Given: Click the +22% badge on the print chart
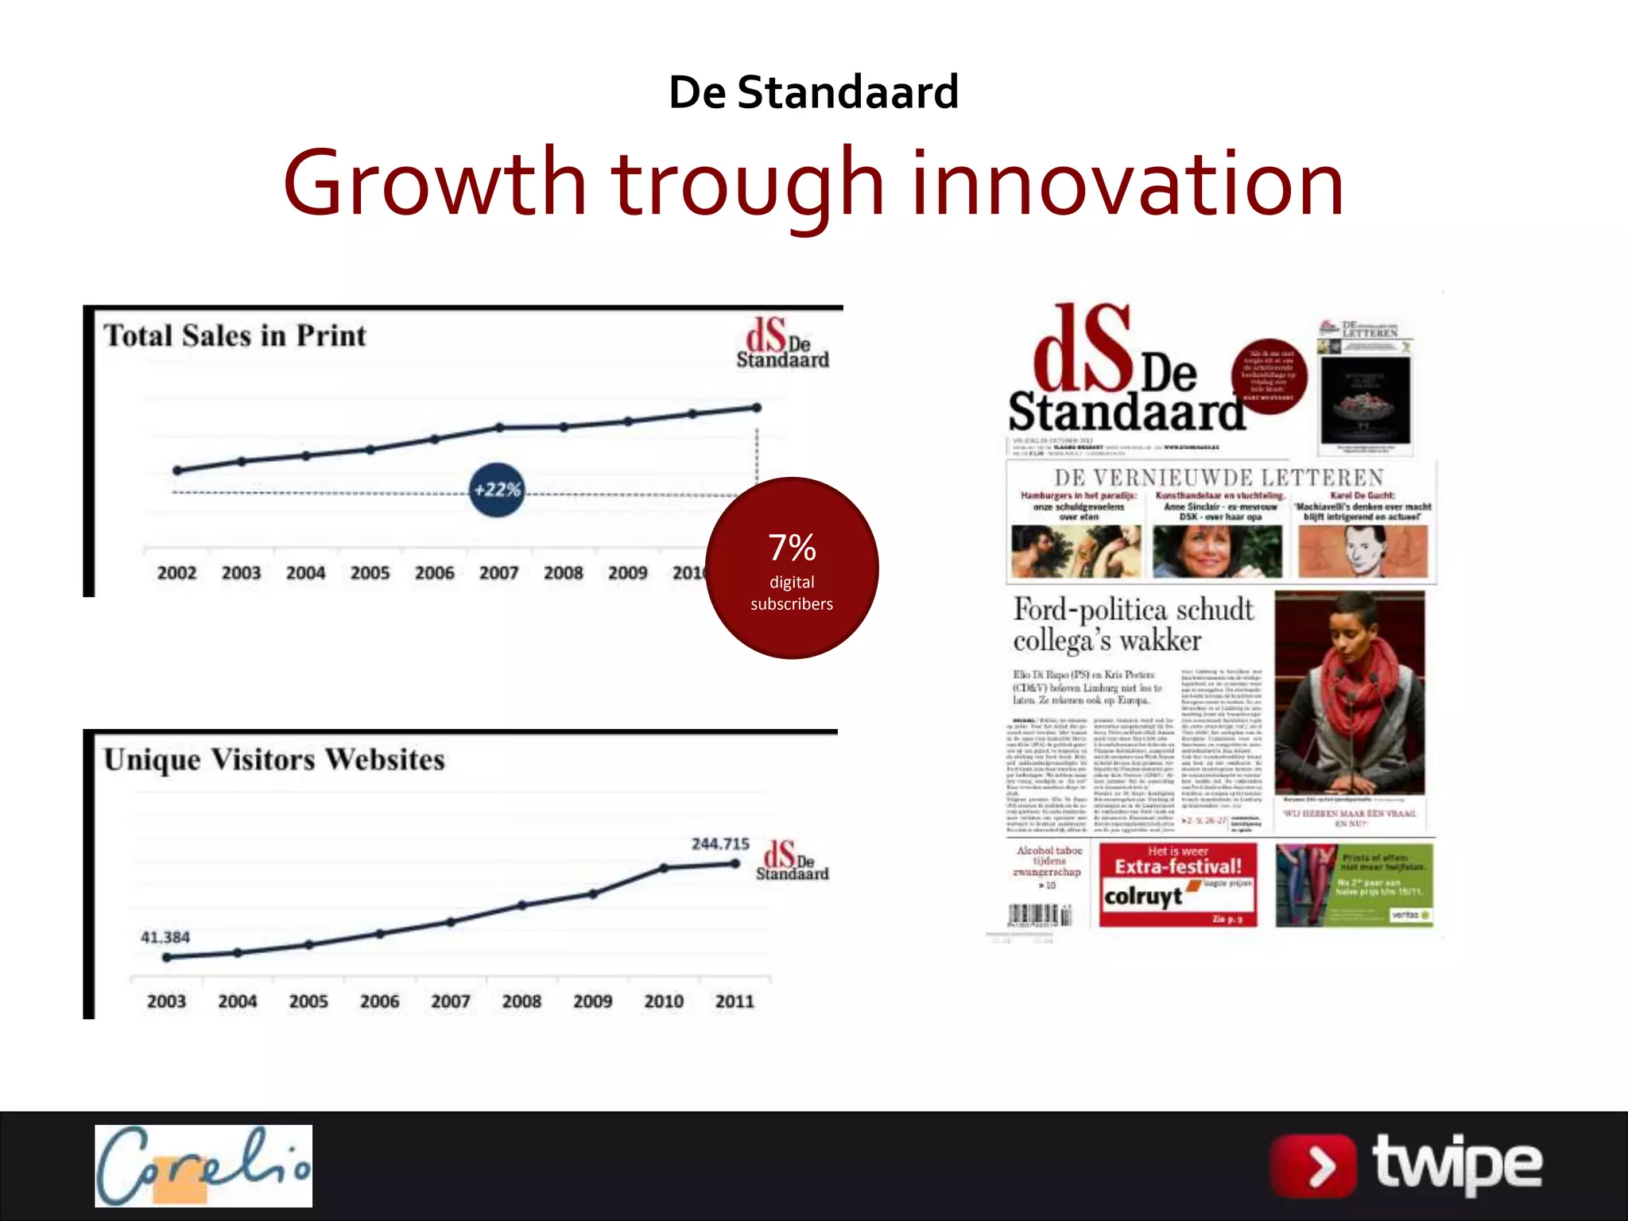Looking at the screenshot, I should tap(497, 490).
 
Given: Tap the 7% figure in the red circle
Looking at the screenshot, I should tap(792, 547).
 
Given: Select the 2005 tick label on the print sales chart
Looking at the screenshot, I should tap(370, 573).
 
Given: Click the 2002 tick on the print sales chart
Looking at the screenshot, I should tap(176, 573).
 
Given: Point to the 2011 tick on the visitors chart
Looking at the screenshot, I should tap(734, 1002).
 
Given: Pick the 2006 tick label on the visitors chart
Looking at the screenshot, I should tap(379, 1002).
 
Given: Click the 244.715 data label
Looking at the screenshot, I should tap(720, 844).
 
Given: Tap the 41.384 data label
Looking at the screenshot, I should tap(165, 937).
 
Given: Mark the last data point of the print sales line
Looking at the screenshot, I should tap(757, 408).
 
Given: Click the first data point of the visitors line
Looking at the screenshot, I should tap(167, 957).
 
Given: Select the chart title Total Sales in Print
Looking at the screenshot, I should tap(235, 335).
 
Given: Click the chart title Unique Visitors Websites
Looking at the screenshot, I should tap(274, 760).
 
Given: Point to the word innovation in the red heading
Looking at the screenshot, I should tap(1128, 184).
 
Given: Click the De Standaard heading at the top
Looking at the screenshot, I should tap(813, 92).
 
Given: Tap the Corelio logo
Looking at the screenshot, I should tap(203, 1165).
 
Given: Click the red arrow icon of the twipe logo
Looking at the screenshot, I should tap(1312, 1166).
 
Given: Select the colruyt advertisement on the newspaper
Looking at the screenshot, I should tap(1177, 885).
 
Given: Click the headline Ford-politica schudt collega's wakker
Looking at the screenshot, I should tap(1134, 625).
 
